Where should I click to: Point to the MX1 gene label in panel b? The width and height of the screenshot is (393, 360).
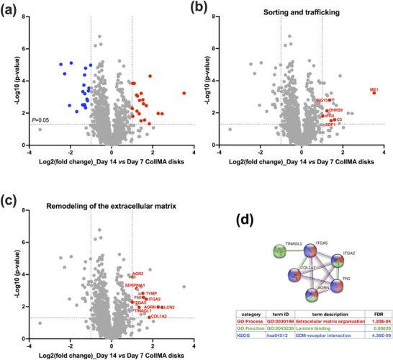pyautogui.click(x=374, y=89)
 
